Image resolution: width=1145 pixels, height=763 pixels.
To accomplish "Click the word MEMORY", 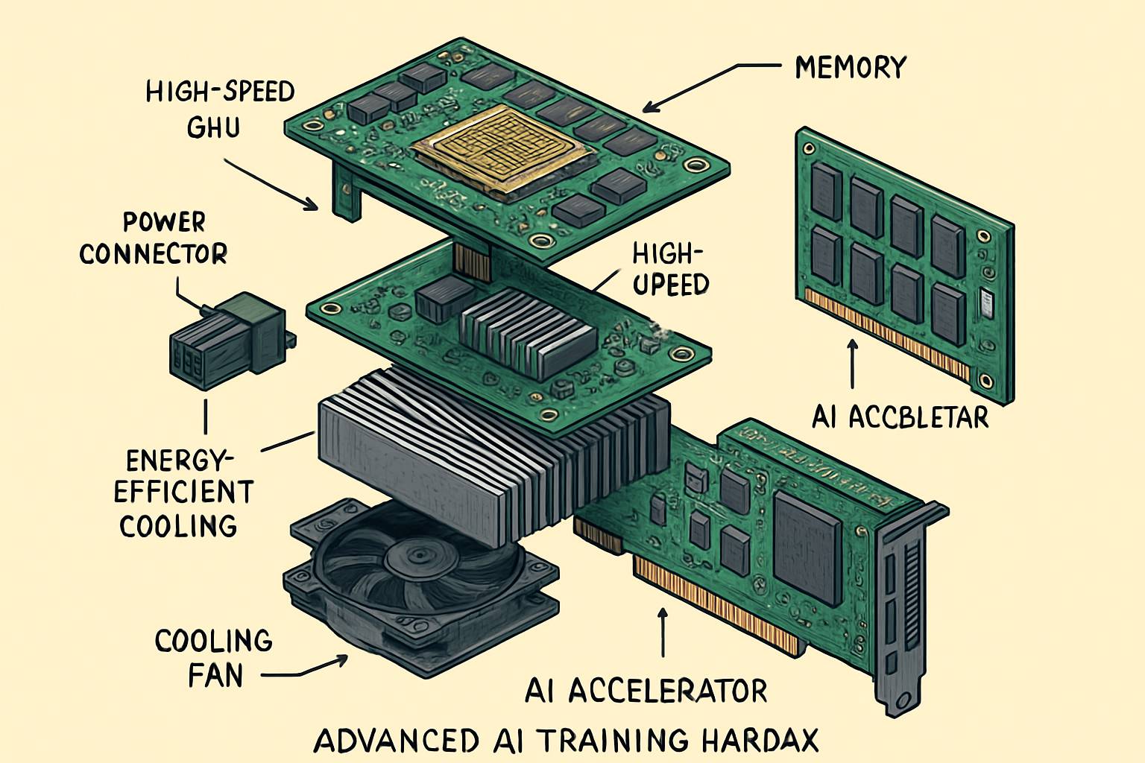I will [x=850, y=68].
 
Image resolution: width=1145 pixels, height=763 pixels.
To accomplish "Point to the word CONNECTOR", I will [x=153, y=254].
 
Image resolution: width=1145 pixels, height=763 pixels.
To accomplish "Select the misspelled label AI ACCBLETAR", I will [x=900, y=417].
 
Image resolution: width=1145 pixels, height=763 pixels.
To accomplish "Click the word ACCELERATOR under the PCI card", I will [x=667, y=691].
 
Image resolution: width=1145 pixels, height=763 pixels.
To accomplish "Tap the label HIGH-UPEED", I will [x=669, y=270].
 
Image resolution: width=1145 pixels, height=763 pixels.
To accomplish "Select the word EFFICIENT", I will [x=183, y=493].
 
